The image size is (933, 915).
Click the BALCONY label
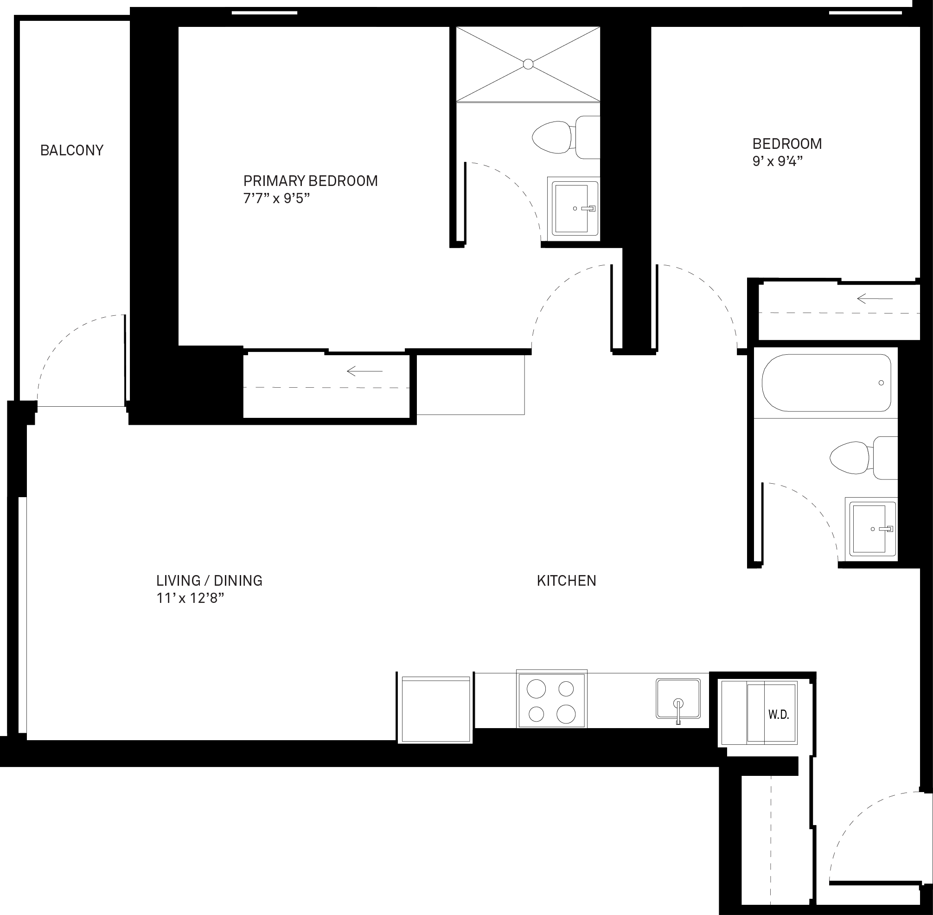point(71,150)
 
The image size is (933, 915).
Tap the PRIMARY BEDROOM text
point(310,181)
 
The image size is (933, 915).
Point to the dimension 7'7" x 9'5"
point(276,198)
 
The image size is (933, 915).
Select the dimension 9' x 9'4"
point(777,161)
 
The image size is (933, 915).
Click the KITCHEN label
point(566,581)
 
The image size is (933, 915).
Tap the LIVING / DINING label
point(209,581)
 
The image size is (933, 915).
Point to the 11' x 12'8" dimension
point(190,598)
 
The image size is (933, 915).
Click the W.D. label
point(778,715)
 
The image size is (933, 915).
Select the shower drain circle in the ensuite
point(528,64)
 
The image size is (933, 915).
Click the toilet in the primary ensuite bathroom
point(566,137)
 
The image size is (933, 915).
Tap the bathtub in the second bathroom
point(826,383)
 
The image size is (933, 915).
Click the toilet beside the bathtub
point(863,458)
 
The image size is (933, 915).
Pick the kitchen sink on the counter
point(678,699)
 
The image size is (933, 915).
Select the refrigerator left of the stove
point(436,709)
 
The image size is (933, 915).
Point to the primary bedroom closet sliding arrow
point(364,371)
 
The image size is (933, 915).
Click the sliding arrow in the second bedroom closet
point(875,299)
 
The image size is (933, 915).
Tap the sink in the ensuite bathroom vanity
point(575,209)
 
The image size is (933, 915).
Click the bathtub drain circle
point(881,383)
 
